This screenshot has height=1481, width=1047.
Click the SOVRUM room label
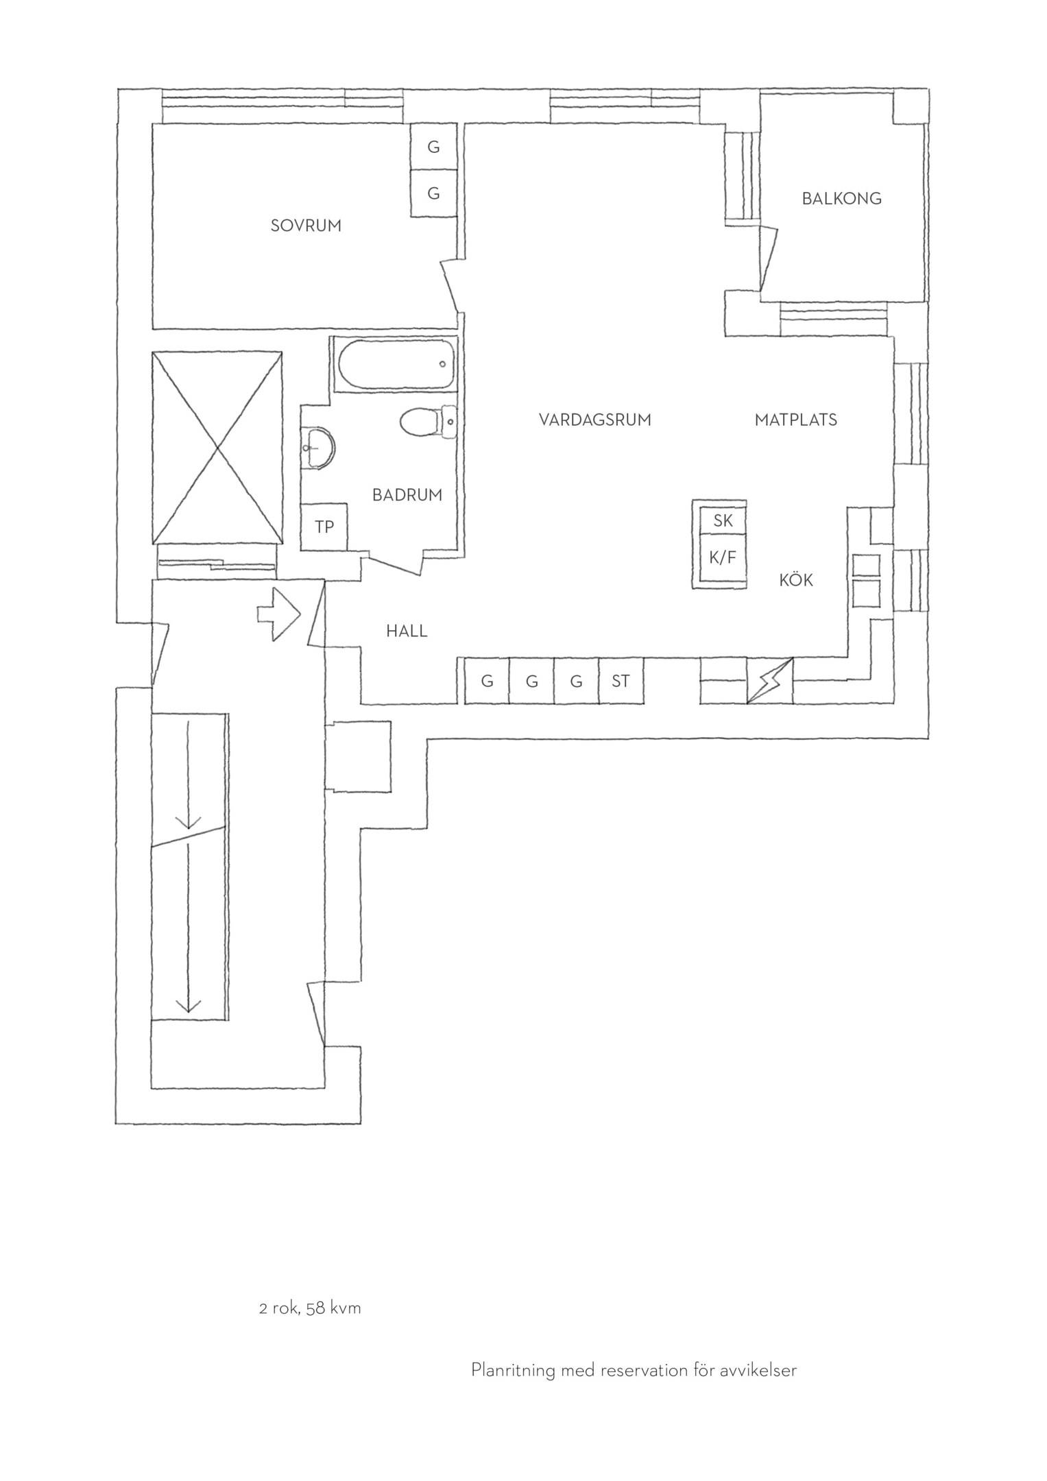[306, 226]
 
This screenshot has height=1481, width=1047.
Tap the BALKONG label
[841, 199]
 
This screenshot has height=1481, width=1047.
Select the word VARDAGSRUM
[594, 420]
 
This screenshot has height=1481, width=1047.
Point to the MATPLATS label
[795, 420]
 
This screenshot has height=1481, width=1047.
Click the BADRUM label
[407, 495]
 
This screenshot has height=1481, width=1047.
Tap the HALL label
[407, 631]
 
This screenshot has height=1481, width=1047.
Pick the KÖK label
[796, 580]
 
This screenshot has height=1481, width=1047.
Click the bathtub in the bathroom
[395, 365]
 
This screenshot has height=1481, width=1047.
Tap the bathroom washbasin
[317, 448]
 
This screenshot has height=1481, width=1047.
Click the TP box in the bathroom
[324, 527]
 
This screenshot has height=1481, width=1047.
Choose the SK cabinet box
[723, 521]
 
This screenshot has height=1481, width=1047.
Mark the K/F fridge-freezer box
[723, 557]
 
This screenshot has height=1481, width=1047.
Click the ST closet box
[621, 681]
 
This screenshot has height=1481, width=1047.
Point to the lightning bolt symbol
[769, 680]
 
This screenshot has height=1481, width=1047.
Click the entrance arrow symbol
[278, 614]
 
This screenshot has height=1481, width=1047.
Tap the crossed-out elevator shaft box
[217, 448]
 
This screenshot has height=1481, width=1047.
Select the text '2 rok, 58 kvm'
[310, 1308]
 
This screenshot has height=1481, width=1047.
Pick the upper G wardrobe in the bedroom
[433, 147]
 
